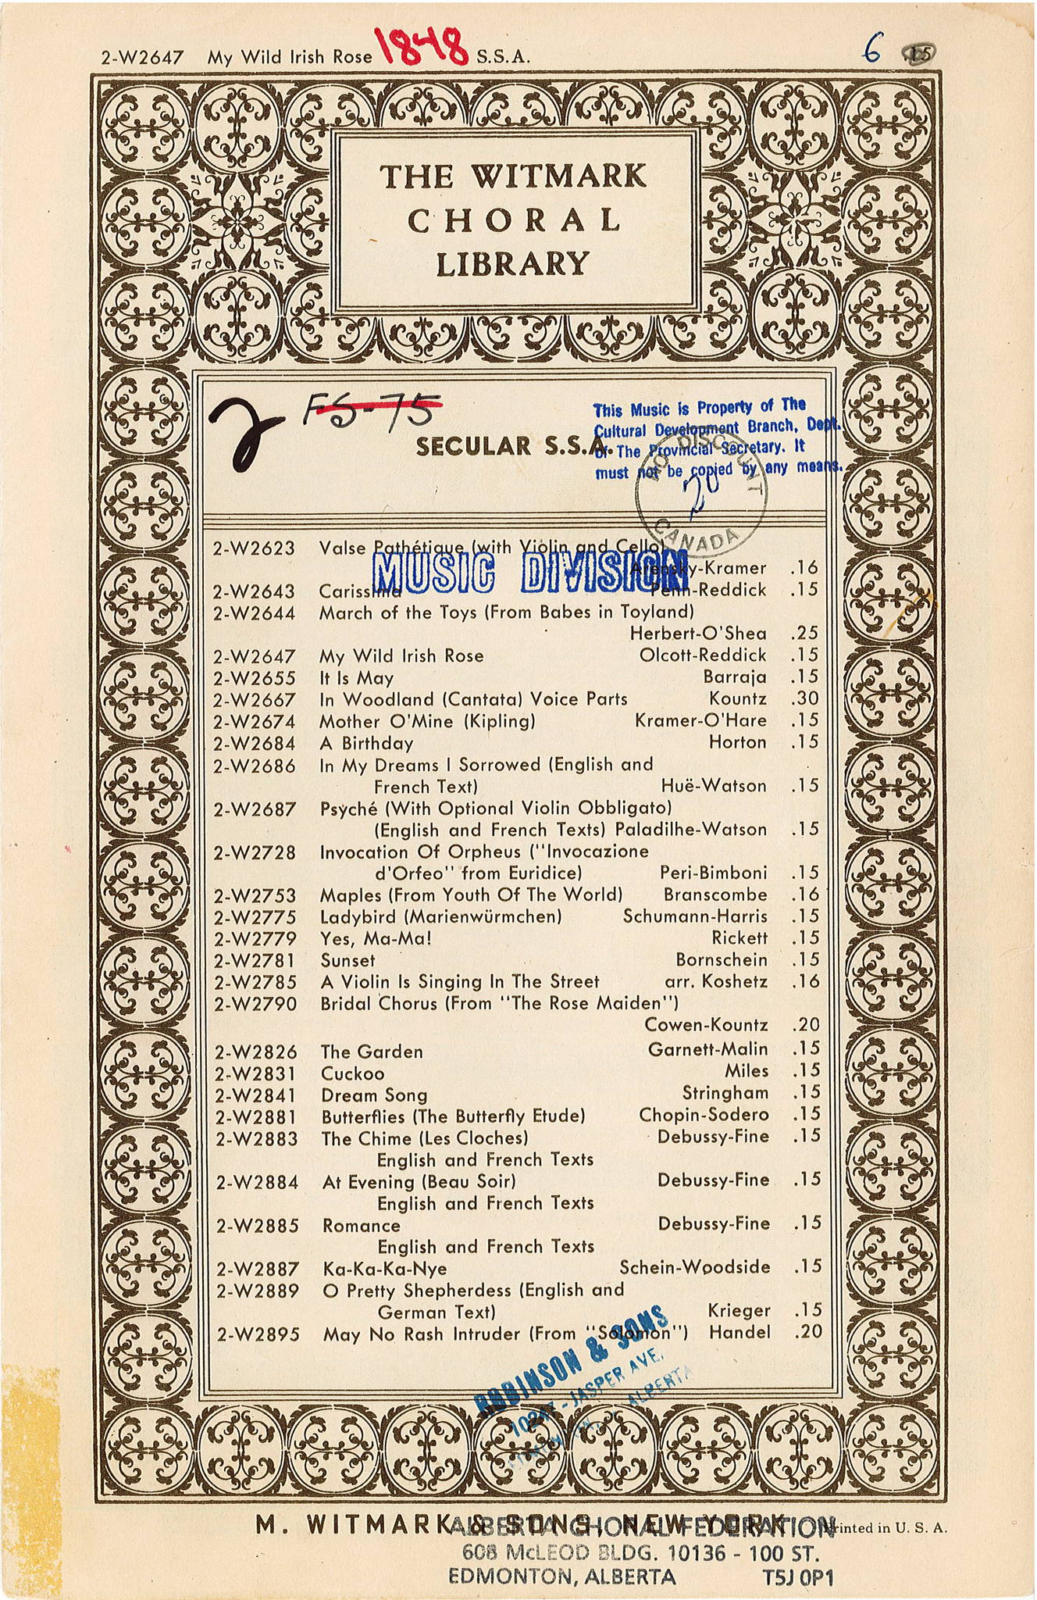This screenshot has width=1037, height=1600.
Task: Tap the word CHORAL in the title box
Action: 514,221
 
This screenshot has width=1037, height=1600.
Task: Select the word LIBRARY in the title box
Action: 512,264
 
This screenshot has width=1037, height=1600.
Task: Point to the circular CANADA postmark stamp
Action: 702,501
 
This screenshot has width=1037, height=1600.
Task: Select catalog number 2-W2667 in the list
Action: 255,699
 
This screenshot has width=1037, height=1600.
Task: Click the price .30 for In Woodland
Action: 804,698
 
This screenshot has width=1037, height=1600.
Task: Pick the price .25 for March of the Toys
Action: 804,633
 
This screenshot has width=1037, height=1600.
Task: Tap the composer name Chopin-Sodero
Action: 703,1115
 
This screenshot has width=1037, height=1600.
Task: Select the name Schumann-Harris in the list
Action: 694,916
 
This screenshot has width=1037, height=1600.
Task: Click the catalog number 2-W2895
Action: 258,1334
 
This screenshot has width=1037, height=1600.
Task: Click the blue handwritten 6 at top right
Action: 873,52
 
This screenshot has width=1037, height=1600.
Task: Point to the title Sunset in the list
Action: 347,960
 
